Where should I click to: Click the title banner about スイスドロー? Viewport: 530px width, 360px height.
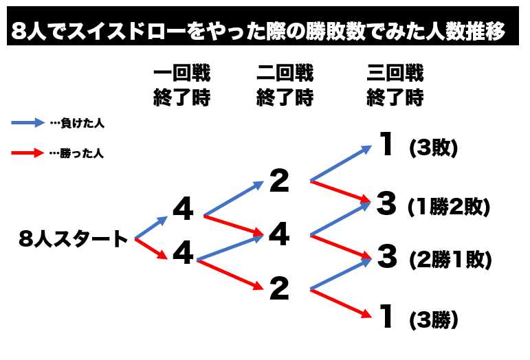click(x=264, y=30)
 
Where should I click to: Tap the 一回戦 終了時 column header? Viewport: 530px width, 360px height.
click(x=181, y=85)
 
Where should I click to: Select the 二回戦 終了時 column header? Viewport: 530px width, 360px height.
click(x=285, y=85)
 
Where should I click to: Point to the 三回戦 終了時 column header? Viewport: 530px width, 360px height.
click(x=395, y=85)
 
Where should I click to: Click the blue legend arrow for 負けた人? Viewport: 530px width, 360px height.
click(x=27, y=124)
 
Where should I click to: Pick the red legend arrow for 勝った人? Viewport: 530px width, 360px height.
click(x=27, y=153)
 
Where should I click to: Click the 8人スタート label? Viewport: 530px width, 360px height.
click(x=74, y=239)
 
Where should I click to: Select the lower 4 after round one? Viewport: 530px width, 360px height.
click(x=183, y=254)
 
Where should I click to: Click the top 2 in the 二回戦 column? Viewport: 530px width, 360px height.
click(x=279, y=181)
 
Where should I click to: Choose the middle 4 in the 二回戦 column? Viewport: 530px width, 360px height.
click(x=279, y=236)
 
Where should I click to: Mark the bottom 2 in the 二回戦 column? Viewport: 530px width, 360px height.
click(x=279, y=289)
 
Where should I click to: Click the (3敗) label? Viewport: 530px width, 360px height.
click(x=432, y=148)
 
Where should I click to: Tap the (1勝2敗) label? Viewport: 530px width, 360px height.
click(x=448, y=205)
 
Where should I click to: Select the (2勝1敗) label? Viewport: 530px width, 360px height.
click(x=450, y=259)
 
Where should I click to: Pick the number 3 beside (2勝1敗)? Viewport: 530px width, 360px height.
click(x=388, y=257)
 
